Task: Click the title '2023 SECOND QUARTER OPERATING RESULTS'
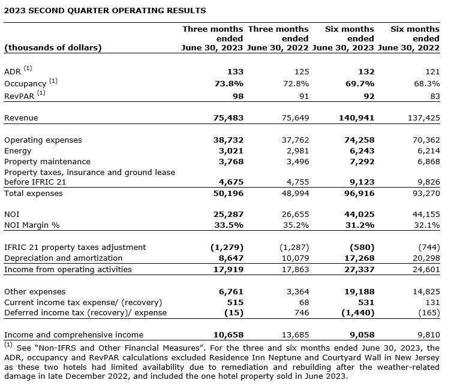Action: pyautogui.click(x=105, y=10)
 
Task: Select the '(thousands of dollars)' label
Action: pyautogui.click(x=53, y=48)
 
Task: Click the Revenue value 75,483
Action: pyautogui.click(x=228, y=118)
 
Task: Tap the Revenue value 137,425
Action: pyautogui.click(x=424, y=118)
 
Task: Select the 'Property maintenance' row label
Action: pyautogui.click(x=47, y=162)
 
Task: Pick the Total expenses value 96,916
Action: pyautogui.click(x=359, y=194)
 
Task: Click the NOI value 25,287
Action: pyautogui.click(x=228, y=213)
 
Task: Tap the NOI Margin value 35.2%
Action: pyautogui.click(x=296, y=225)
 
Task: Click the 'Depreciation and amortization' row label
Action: pyautogui.click(x=63, y=258)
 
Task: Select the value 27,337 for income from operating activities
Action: pyautogui.click(x=359, y=270)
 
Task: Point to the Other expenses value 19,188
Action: pyautogui.click(x=359, y=291)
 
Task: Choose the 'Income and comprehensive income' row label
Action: pyautogui.click(x=74, y=335)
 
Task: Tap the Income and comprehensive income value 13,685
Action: pyautogui.click(x=294, y=335)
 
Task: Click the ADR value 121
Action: pyautogui.click(x=432, y=72)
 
